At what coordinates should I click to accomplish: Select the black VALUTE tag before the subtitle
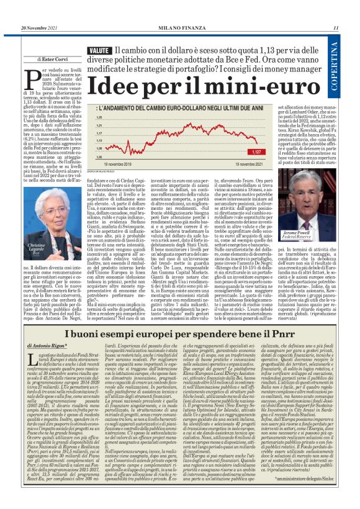pos(100,49)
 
